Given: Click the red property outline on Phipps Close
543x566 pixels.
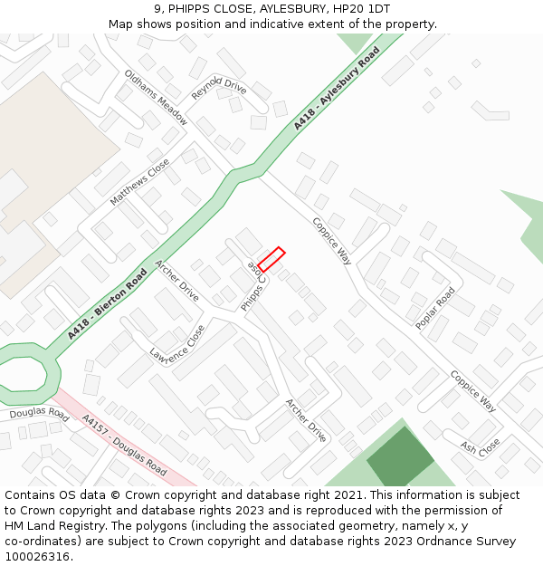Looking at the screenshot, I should tap(271, 259).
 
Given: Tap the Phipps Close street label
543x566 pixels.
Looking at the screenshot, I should tap(253, 286).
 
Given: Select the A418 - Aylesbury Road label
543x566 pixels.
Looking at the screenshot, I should tap(337, 91).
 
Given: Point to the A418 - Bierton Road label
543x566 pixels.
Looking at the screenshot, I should tap(107, 304).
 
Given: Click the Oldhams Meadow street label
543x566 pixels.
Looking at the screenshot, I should tap(156, 98).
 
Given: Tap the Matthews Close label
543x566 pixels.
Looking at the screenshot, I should tap(139, 182).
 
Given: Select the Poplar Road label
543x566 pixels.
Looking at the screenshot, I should tap(435, 308).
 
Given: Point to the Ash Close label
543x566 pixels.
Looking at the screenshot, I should tap(480, 447).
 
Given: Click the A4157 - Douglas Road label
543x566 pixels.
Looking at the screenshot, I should tap(124, 446).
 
